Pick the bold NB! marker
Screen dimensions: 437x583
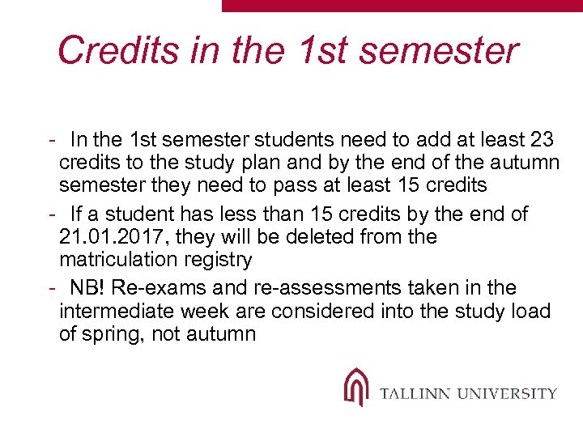(x=90, y=288)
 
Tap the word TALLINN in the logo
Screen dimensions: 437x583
(x=415, y=394)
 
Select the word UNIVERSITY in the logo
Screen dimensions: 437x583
(x=507, y=394)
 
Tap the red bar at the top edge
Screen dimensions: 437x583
(x=402, y=5)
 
